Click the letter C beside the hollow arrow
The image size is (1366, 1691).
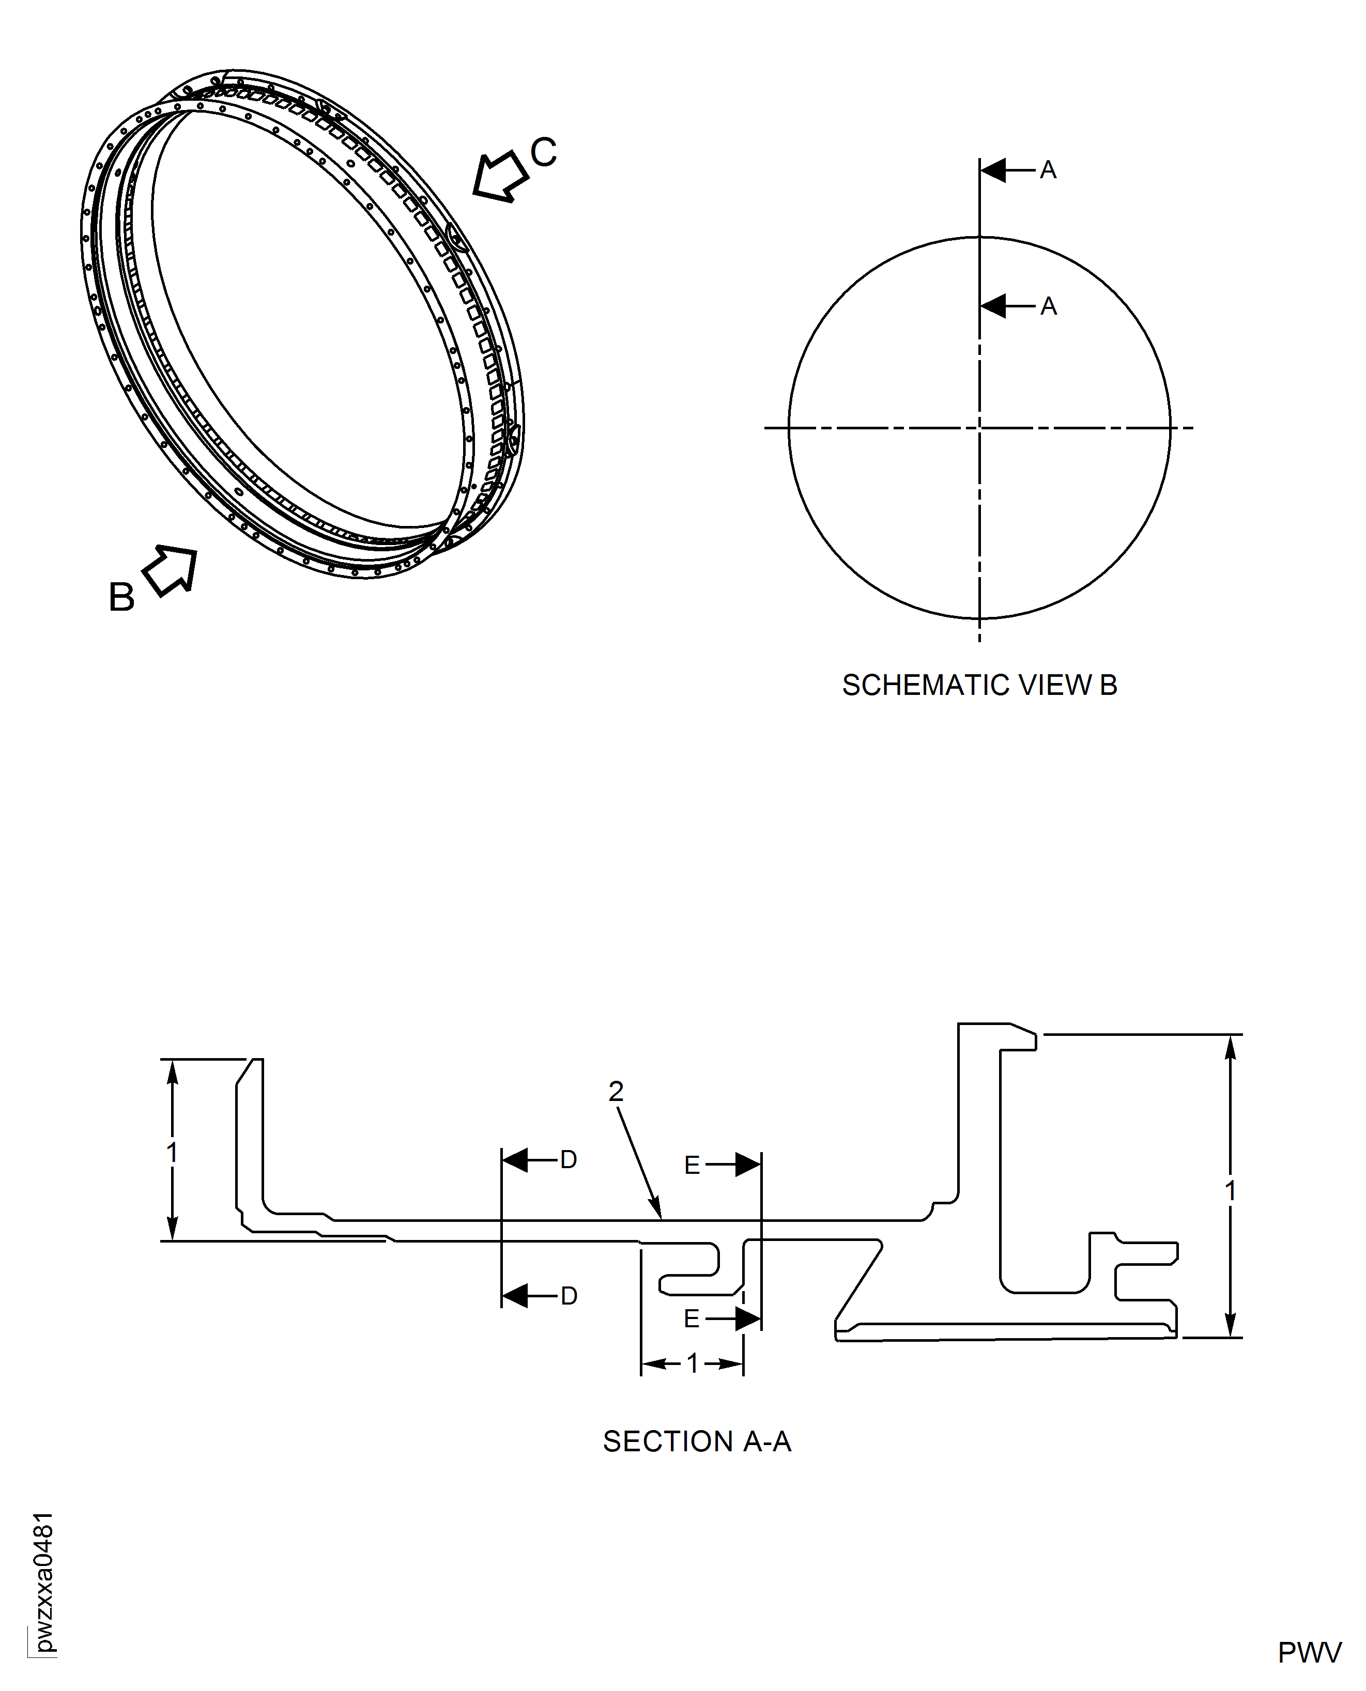[x=543, y=152]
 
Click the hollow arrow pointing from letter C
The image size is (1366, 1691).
[x=500, y=176]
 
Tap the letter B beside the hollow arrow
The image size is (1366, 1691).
[x=121, y=597]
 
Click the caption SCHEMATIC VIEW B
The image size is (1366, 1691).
[x=979, y=685]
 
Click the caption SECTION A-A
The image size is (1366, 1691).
[x=696, y=1441]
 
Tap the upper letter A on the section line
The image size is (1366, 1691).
[x=1048, y=170]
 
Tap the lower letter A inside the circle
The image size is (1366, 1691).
[x=1048, y=306]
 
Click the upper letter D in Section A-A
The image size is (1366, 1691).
[x=568, y=1159]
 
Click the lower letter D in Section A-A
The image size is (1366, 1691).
[x=568, y=1296]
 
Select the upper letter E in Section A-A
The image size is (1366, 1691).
[x=692, y=1165]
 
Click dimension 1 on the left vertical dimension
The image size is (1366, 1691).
[x=172, y=1153]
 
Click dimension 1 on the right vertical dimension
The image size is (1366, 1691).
[x=1231, y=1191]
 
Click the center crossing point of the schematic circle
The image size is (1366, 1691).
[x=979, y=428]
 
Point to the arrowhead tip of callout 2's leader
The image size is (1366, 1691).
[x=661, y=1218]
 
